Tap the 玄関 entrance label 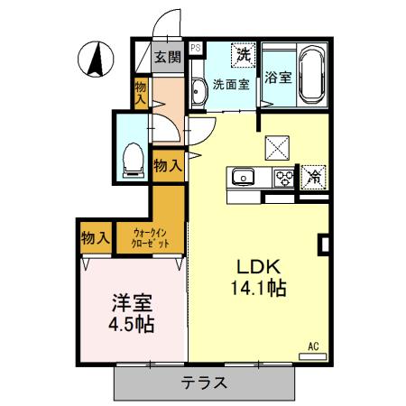click(x=168, y=58)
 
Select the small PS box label click(x=196, y=50)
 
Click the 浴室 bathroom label click(x=278, y=78)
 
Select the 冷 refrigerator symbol click(x=313, y=178)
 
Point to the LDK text click(x=261, y=267)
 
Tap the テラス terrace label click(x=205, y=383)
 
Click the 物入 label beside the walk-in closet click(x=95, y=238)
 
